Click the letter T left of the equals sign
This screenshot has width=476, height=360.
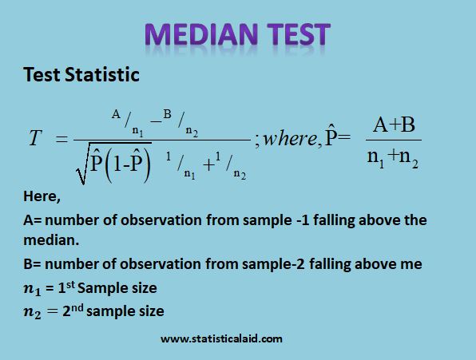[x=34, y=139]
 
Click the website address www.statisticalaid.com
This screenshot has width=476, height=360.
[x=221, y=338]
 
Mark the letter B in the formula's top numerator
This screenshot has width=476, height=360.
[x=168, y=113]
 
